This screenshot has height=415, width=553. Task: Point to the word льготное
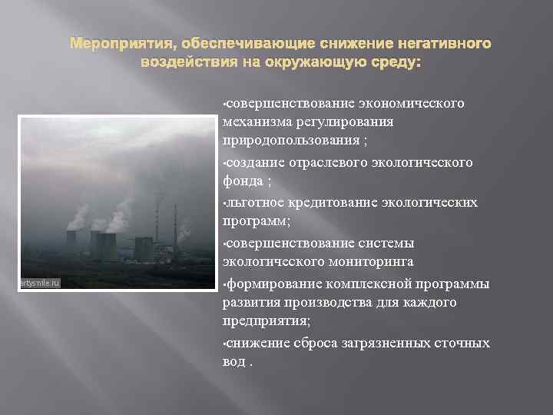[x=257, y=202]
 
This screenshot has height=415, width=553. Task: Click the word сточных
[x=463, y=343]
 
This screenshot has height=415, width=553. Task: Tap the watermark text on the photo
[x=38, y=284]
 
